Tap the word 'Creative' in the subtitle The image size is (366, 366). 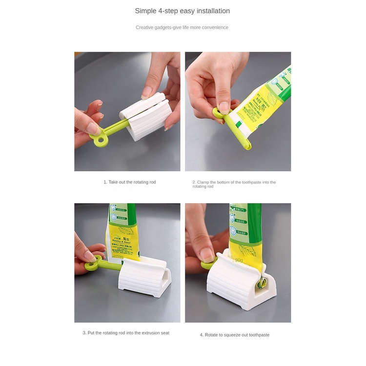click(x=145, y=27)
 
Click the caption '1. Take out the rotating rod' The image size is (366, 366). click(x=129, y=182)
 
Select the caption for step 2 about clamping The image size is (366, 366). click(x=234, y=184)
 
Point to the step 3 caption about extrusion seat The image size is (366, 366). click(x=126, y=333)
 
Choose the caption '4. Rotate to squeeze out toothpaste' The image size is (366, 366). click(x=234, y=335)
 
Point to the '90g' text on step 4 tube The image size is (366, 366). click(x=238, y=260)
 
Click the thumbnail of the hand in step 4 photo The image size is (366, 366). click(x=207, y=254)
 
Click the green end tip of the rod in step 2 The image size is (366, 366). click(x=248, y=146)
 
